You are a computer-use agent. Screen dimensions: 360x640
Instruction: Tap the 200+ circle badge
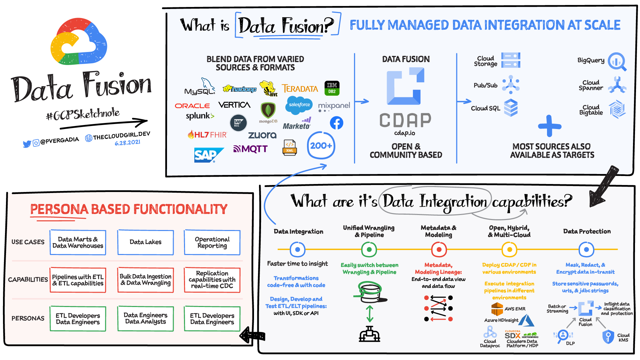(321, 146)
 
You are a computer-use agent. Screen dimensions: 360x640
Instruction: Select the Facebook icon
(336, 123)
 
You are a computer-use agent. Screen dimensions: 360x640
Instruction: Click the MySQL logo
(200, 87)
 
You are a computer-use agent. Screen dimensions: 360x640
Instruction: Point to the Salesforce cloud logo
(299, 105)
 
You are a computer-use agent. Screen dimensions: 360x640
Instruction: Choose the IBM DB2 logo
(332, 88)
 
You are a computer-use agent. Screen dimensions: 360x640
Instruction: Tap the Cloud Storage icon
(511, 60)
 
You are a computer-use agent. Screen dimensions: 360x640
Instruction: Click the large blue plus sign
(550, 126)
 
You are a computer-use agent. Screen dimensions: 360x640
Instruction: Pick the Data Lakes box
(145, 242)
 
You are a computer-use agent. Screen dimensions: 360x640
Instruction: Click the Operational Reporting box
(212, 242)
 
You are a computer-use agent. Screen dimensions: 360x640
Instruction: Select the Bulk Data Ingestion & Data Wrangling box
(145, 280)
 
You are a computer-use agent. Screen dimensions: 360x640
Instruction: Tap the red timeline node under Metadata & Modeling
(439, 249)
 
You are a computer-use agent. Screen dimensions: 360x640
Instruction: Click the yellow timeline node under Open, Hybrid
(509, 249)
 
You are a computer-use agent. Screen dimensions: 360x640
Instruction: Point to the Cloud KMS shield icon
(608, 337)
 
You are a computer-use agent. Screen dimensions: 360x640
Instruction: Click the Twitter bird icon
(27, 144)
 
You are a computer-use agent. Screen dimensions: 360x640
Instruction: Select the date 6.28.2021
(127, 143)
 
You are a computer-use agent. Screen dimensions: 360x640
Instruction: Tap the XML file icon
(290, 148)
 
